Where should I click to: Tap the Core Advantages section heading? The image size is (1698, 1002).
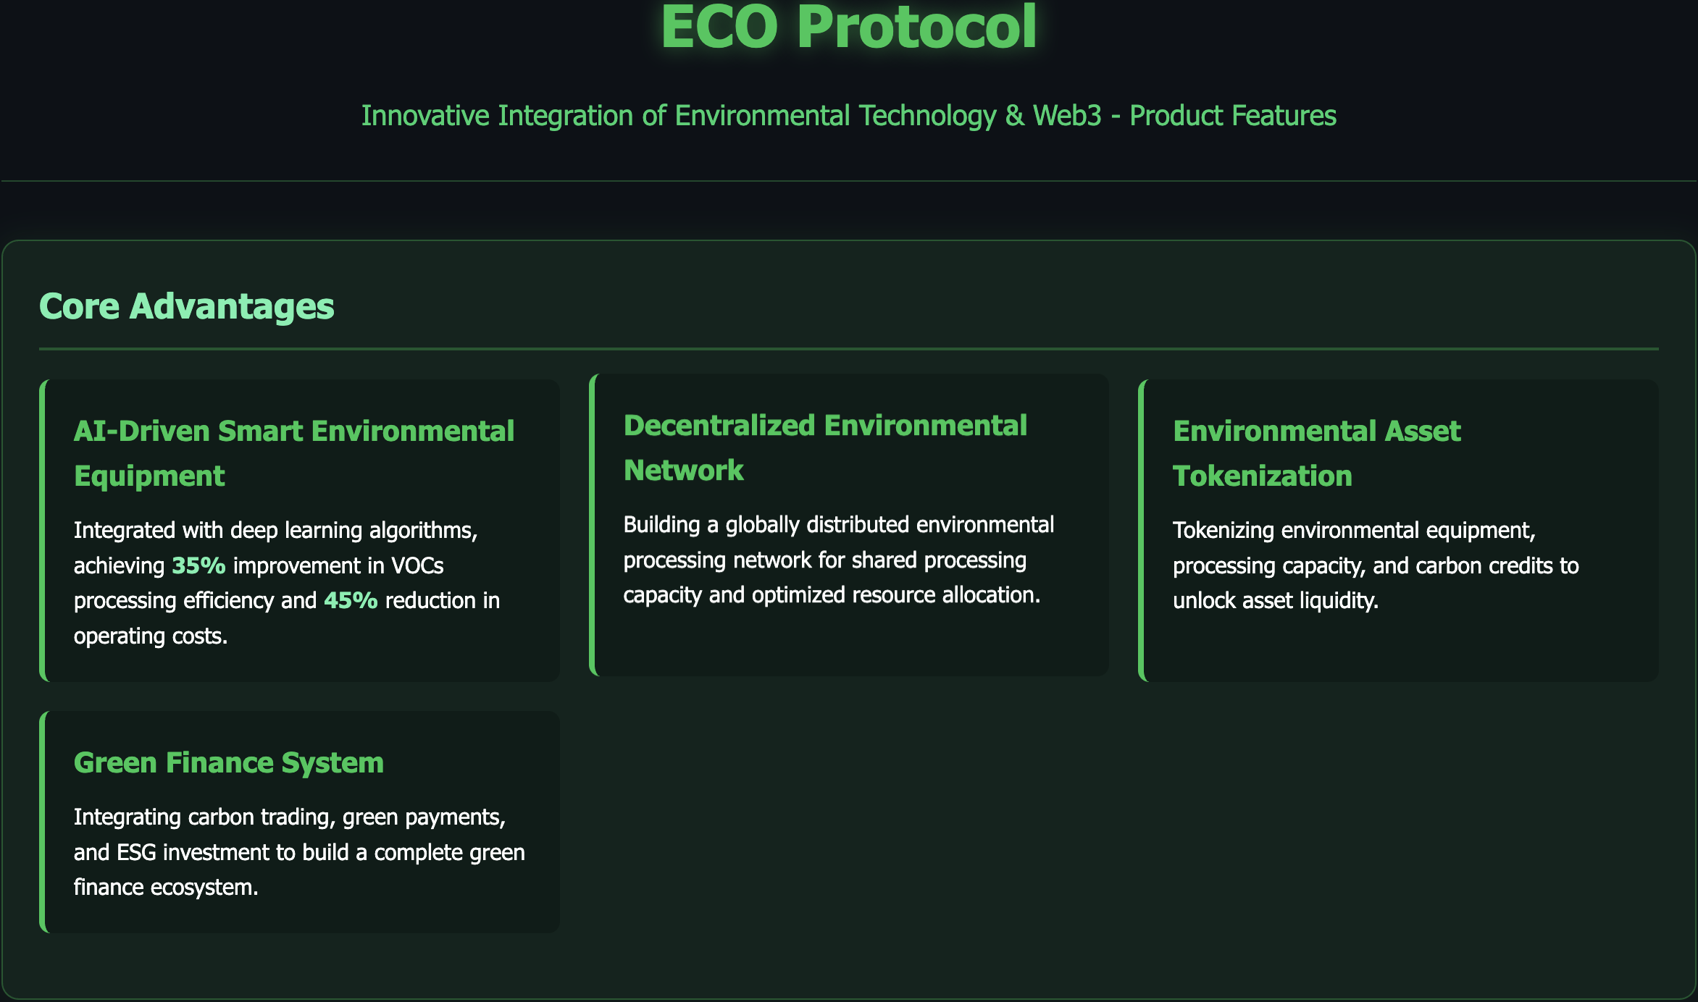click(x=187, y=306)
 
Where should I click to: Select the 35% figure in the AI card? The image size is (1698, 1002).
click(x=198, y=565)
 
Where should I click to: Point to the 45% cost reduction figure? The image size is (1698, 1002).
click(x=351, y=600)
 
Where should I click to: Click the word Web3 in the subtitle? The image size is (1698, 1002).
click(x=1067, y=116)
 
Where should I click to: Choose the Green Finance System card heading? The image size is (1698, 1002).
click(x=229, y=762)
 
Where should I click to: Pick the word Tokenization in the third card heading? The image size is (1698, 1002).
click(x=1263, y=476)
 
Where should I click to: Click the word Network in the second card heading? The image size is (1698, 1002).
click(x=684, y=470)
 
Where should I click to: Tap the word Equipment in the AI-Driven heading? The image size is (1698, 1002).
click(x=149, y=476)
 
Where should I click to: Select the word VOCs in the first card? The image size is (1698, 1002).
click(x=417, y=565)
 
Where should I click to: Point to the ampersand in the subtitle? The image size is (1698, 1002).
click(x=1015, y=116)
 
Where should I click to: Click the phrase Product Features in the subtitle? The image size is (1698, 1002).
click(x=1233, y=116)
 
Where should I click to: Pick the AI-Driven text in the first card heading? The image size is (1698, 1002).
click(x=142, y=431)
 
